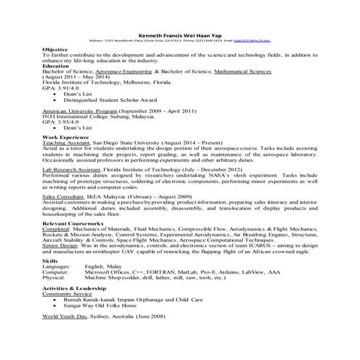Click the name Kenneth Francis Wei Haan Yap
click(180, 35)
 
